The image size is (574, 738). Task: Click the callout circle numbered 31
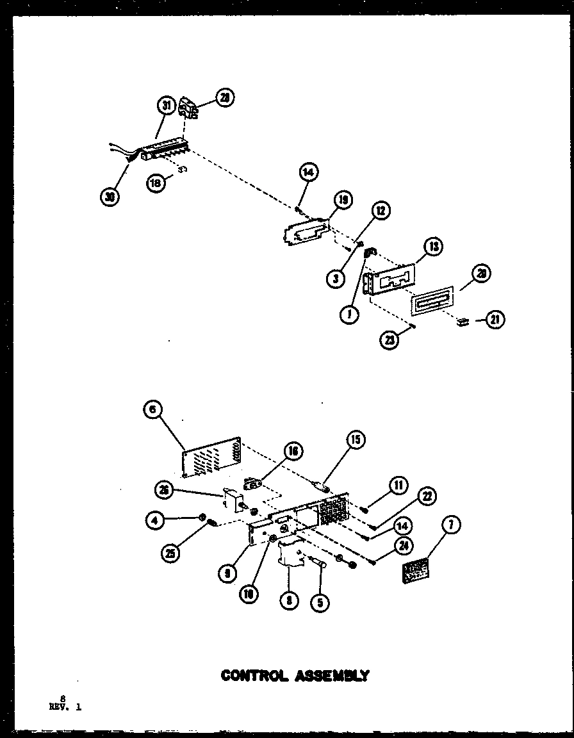(x=165, y=105)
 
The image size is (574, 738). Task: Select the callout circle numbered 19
(x=343, y=201)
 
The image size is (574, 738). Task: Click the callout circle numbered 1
(x=350, y=315)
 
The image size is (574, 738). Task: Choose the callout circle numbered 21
(x=495, y=320)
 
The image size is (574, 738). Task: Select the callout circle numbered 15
(x=356, y=439)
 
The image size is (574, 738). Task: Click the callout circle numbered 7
(x=452, y=526)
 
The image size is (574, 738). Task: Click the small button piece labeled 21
(x=462, y=321)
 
